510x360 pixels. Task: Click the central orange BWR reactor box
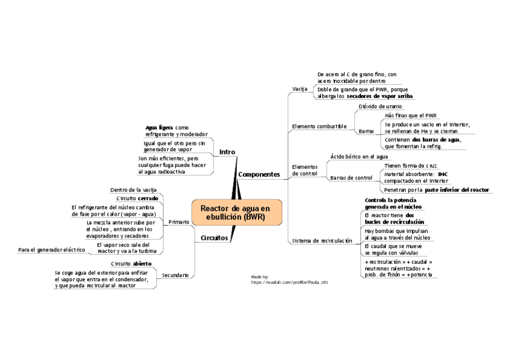click(236, 212)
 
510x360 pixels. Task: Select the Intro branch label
click(227, 152)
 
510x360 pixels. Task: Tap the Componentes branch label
click(259, 174)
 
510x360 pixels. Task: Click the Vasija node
click(300, 89)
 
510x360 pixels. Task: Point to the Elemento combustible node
click(319, 126)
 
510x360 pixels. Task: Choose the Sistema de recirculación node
click(322, 240)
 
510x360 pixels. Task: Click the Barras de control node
click(351, 178)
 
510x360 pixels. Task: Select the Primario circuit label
click(179, 222)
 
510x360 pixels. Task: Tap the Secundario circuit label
click(175, 275)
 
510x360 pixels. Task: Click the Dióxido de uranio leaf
click(380, 106)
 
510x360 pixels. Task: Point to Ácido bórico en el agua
click(359, 156)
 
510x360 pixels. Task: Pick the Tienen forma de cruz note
click(411, 165)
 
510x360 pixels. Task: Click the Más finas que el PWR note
click(411, 115)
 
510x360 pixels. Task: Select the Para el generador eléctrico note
click(52, 249)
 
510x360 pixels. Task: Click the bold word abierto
click(143, 264)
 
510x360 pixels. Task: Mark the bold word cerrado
click(148, 198)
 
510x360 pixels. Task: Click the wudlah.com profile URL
click(289, 281)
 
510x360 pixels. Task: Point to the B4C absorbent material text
click(443, 174)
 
